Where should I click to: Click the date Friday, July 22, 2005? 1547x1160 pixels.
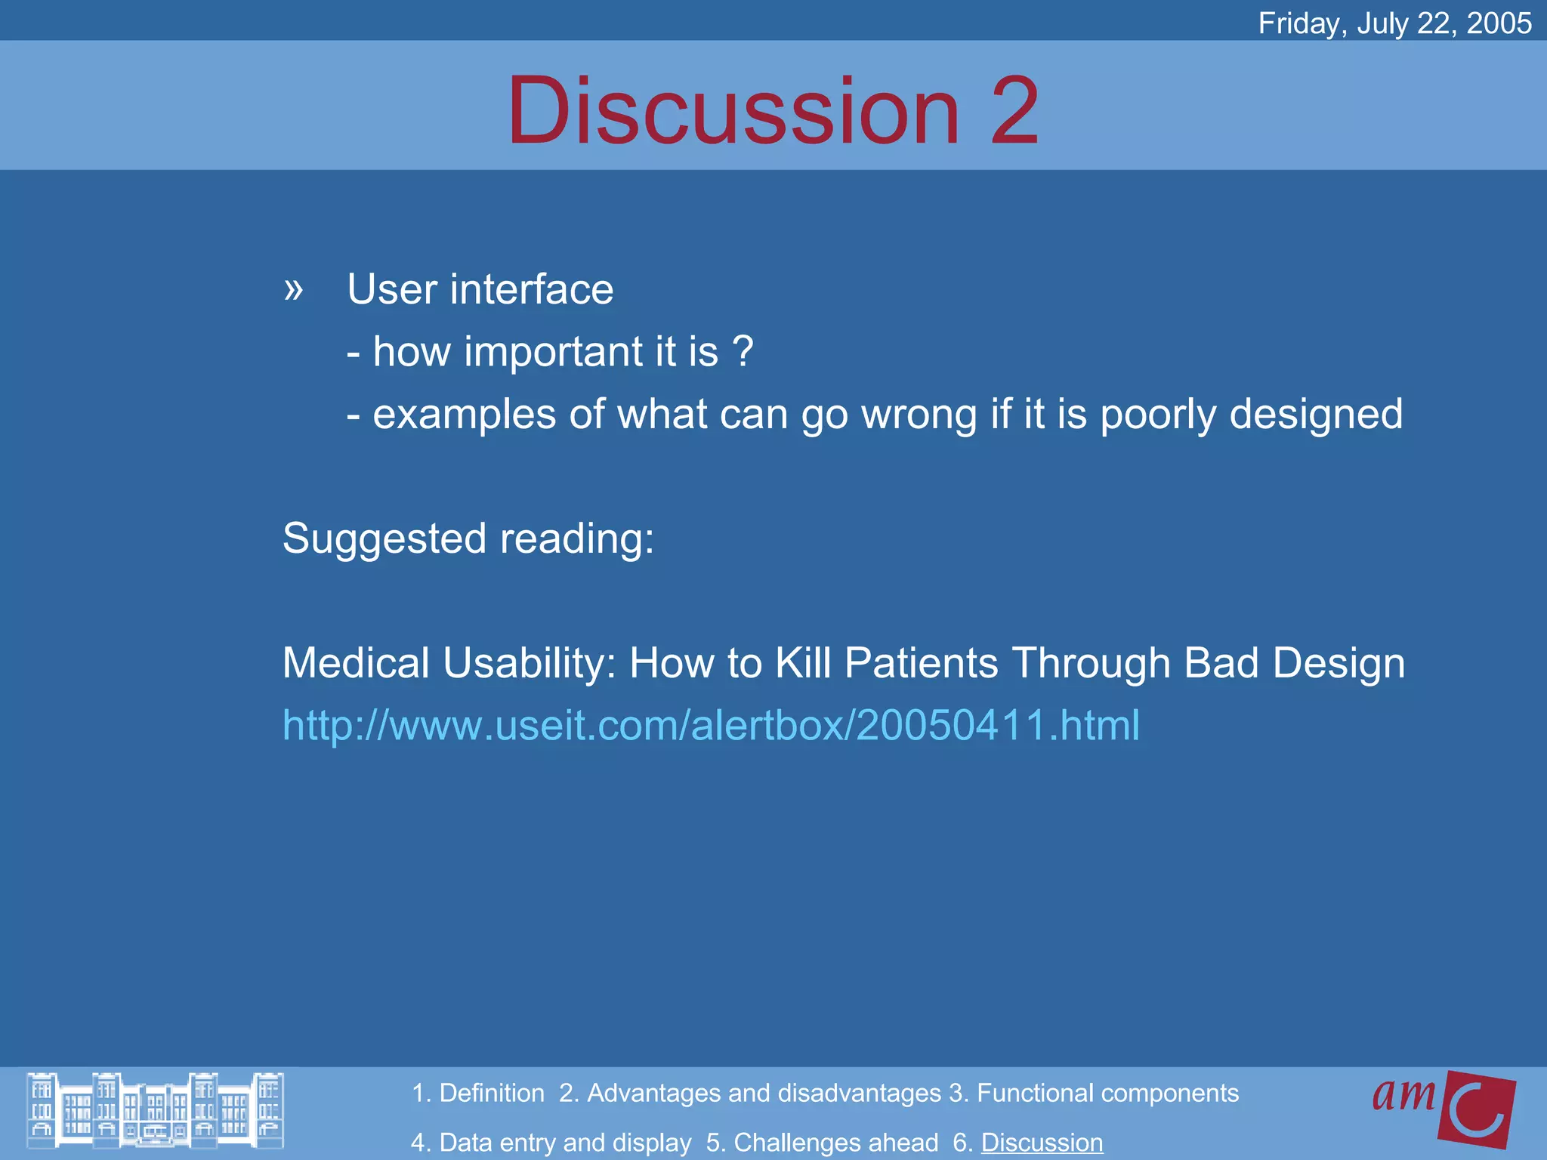click(x=1394, y=23)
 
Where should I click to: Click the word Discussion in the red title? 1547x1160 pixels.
click(x=733, y=111)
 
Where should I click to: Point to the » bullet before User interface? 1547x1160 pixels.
click(x=294, y=289)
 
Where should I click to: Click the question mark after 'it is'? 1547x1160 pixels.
click(x=743, y=352)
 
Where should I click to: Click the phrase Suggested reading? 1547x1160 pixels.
click(x=468, y=538)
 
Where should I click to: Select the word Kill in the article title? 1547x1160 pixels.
click(x=803, y=663)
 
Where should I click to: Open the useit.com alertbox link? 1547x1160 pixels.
click(x=711, y=725)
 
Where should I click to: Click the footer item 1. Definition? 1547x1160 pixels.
click(x=477, y=1093)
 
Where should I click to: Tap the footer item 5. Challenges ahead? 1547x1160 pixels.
click(x=822, y=1143)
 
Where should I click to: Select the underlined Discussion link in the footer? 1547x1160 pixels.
click(x=1042, y=1143)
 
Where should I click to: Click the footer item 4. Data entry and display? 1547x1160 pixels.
click(x=551, y=1143)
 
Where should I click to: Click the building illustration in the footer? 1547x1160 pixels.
click(x=155, y=1110)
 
